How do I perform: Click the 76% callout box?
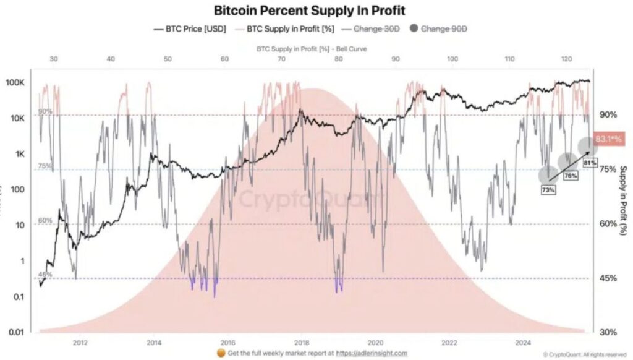click(x=570, y=176)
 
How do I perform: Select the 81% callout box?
click(x=590, y=163)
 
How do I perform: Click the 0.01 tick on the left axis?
click(x=22, y=332)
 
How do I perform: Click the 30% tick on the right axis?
click(x=608, y=332)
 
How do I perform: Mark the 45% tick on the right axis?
click(x=608, y=278)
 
